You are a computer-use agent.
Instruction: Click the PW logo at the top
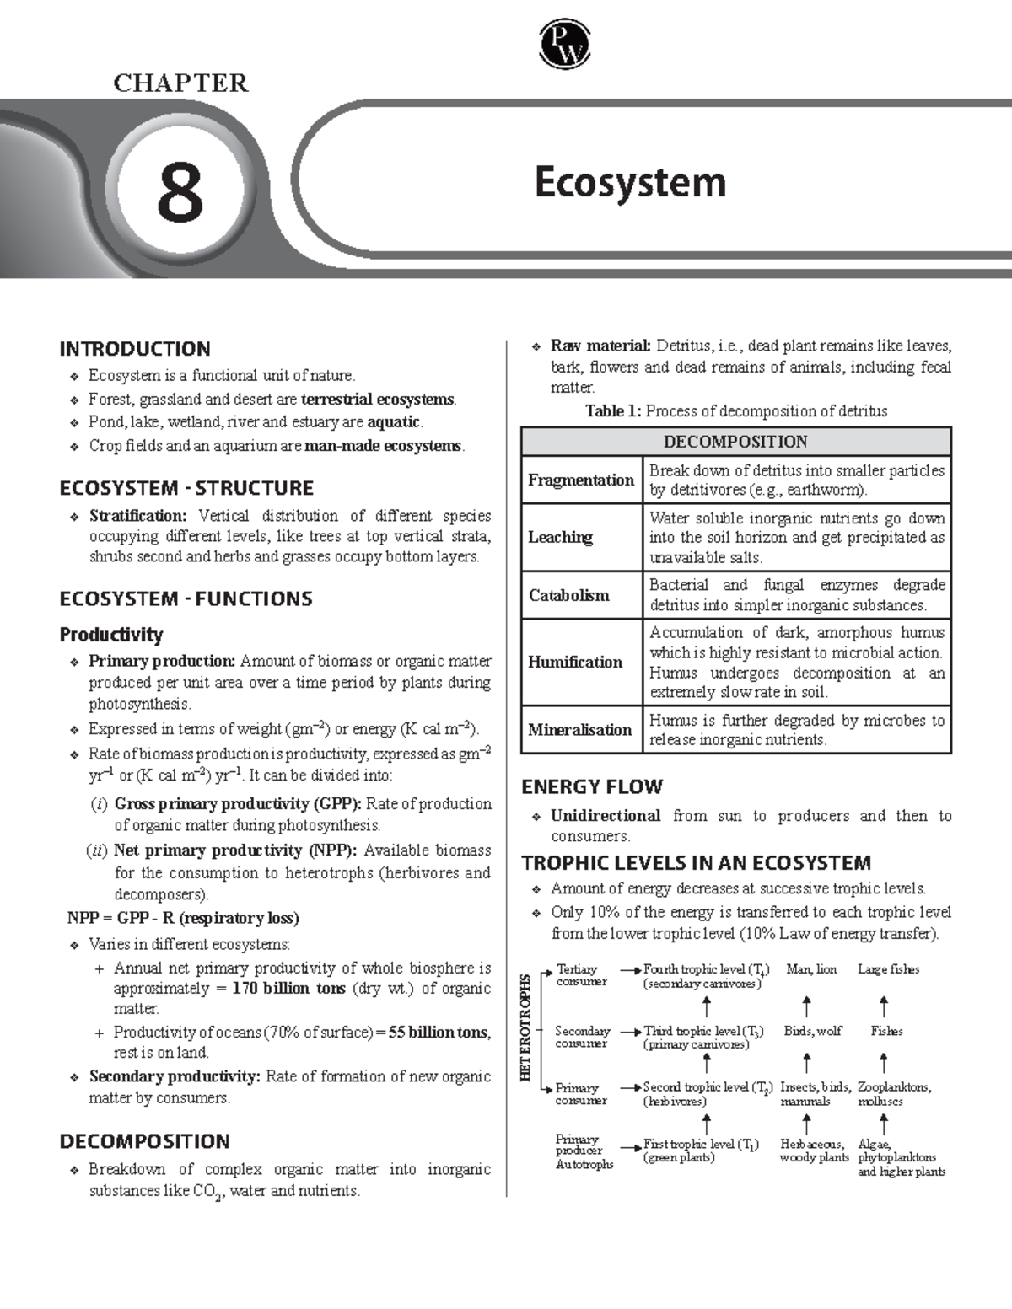(564, 46)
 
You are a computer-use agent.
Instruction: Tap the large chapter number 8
(180, 192)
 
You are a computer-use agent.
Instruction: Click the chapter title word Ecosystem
(630, 183)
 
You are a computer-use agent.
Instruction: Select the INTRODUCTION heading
(135, 349)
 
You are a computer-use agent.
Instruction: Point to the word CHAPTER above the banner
(180, 83)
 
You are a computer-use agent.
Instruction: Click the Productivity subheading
(111, 635)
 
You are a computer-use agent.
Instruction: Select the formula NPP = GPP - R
(183, 918)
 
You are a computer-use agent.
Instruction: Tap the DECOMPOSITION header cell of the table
(735, 442)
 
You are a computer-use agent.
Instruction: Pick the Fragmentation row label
(581, 480)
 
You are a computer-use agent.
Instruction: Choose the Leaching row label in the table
(561, 537)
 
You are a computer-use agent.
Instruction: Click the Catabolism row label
(568, 595)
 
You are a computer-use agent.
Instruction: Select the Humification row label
(575, 662)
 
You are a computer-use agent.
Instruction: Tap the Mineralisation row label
(580, 730)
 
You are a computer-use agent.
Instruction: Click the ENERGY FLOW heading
(592, 787)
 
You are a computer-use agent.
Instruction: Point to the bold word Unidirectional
(606, 816)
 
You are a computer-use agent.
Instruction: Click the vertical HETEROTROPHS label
(526, 1027)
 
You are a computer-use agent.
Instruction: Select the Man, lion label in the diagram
(811, 969)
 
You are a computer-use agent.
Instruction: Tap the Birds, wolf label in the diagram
(813, 1031)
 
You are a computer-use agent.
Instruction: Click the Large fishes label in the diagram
(888, 969)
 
